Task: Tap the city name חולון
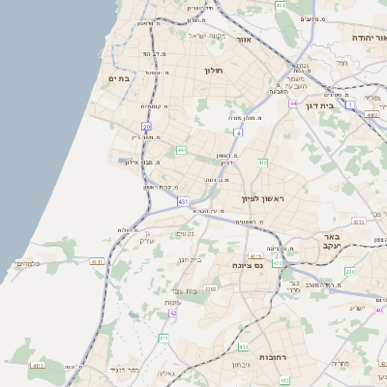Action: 214,71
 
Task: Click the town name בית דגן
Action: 318,105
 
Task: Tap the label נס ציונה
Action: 247,265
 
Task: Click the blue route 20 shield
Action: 147,127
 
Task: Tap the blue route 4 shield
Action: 237,132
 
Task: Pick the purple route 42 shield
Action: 173,313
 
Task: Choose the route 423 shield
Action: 278,262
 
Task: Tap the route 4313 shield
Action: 39,366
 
